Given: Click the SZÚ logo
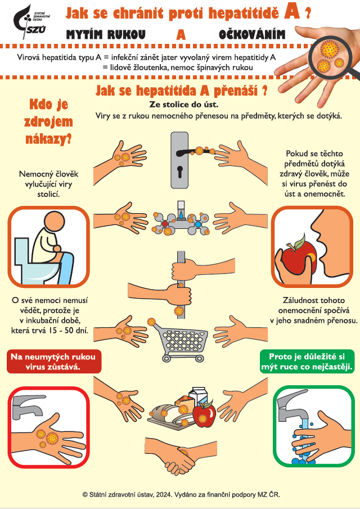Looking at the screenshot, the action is tap(31, 22).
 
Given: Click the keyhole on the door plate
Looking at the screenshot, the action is tap(179, 172).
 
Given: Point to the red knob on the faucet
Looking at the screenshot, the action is tap(165, 224).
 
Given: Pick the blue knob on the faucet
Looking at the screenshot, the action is tap(198, 224).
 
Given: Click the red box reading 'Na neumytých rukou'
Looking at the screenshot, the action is tap(54, 362).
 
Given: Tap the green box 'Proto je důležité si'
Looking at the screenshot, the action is tap(307, 361).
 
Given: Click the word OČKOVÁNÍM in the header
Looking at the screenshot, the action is tap(252, 34).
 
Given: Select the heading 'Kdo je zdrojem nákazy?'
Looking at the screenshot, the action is tap(49, 121).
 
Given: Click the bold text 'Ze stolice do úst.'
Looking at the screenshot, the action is tap(184, 105).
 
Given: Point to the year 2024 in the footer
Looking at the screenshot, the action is tap(163, 495).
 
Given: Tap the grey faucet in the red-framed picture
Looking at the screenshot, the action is tap(27, 406).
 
